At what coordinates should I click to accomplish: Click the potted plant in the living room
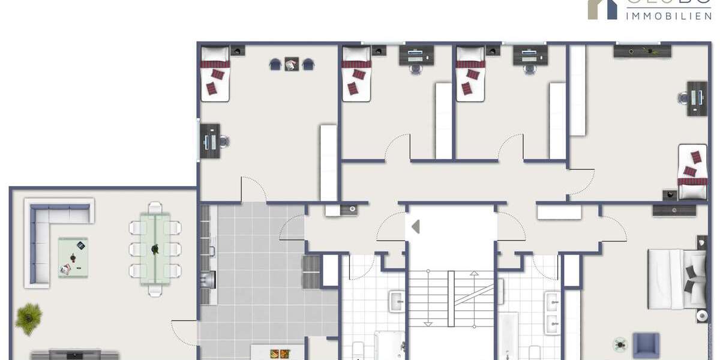pos(28,316)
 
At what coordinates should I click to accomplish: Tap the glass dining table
pos(155,249)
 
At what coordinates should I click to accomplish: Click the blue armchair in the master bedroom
pos(646,346)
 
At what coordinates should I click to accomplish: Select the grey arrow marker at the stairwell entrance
pos(415,227)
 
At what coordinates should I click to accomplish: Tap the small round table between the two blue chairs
pos(292,64)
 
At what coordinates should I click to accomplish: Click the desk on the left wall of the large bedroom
pos(209,141)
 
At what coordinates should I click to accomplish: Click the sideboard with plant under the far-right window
pos(641,52)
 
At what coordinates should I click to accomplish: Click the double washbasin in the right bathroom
pos(552,312)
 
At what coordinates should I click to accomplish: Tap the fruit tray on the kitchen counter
pos(280,354)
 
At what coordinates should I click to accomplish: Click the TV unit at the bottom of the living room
pos(75,355)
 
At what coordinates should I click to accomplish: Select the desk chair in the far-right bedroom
pos(683,98)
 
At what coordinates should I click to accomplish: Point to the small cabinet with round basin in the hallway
pos(349,209)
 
